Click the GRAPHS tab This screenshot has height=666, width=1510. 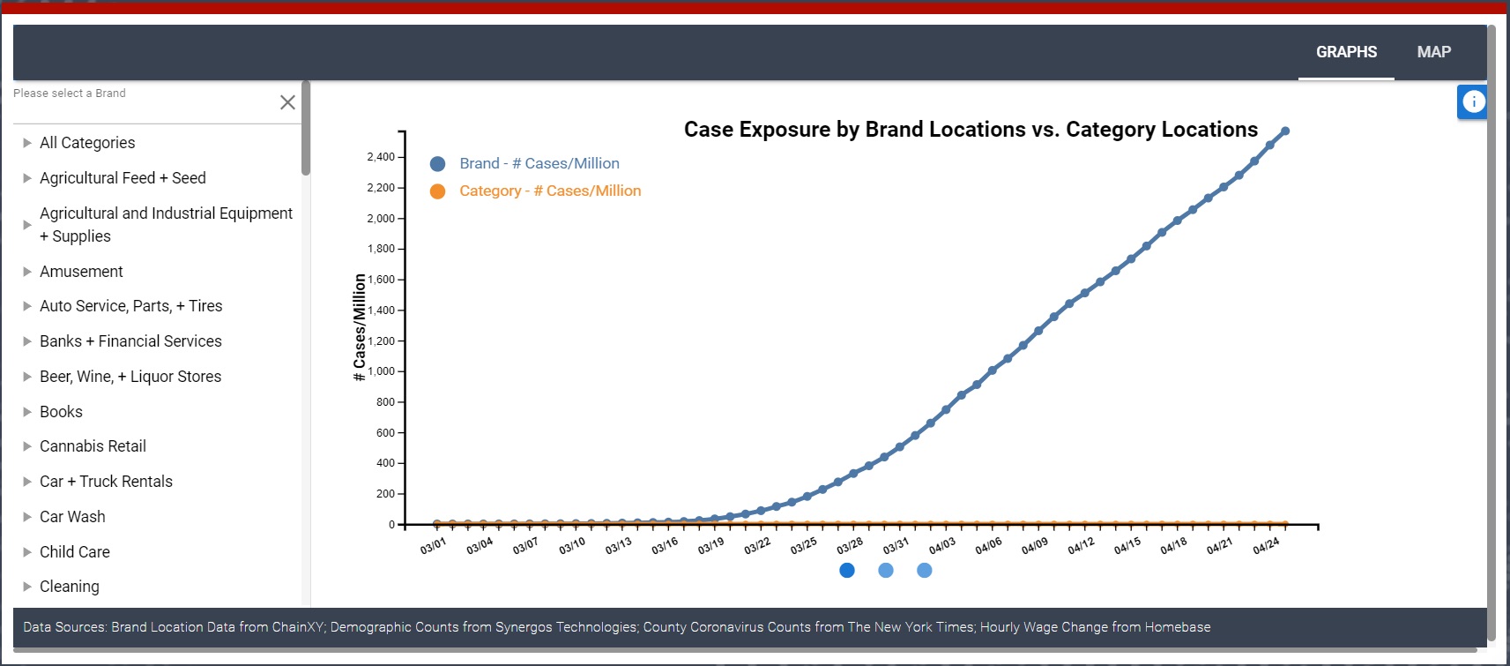coord(1346,52)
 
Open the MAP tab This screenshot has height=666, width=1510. coord(1433,52)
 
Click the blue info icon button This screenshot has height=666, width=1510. coord(1473,102)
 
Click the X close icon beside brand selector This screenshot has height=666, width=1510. coord(287,102)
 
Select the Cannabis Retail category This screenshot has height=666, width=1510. coord(93,446)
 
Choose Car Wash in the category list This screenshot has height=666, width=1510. coord(72,517)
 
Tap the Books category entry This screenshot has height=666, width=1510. coord(61,412)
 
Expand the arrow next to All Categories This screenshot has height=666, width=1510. coord(27,143)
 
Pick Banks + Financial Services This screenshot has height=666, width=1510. coord(130,341)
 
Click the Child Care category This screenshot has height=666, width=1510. coord(75,552)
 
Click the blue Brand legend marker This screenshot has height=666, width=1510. coord(437,164)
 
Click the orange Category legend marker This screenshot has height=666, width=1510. coord(437,191)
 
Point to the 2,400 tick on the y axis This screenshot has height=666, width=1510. coord(381,157)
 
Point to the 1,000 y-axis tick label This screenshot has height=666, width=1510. coord(381,371)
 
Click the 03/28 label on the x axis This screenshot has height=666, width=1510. coord(850,546)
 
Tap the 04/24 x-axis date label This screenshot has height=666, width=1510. coord(1266,546)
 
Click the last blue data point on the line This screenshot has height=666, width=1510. coord(1285,131)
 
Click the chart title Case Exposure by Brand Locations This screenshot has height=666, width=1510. coord(971,130)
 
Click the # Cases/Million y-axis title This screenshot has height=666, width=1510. coord(360,327)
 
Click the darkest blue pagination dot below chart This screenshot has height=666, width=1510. coord(847,571)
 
